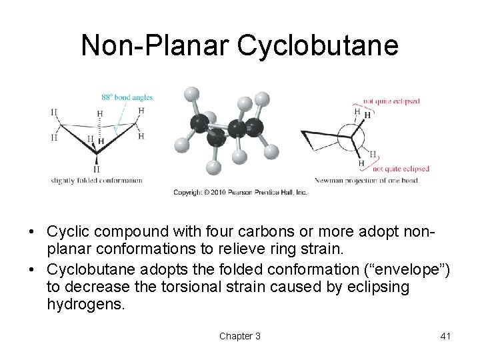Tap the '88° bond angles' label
tap(127, 97)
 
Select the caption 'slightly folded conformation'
tap(97, 180)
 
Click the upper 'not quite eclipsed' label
tap(391, 101)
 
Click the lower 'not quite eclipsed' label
tap(401, 169)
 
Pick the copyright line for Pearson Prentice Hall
tap(240, 192)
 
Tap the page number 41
tap(445, 336)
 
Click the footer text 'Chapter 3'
tap(240, 336)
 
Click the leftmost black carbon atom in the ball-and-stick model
tap(199, 122)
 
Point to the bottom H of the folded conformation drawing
tap(97, 169)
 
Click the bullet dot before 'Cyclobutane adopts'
tap(32, 270)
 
